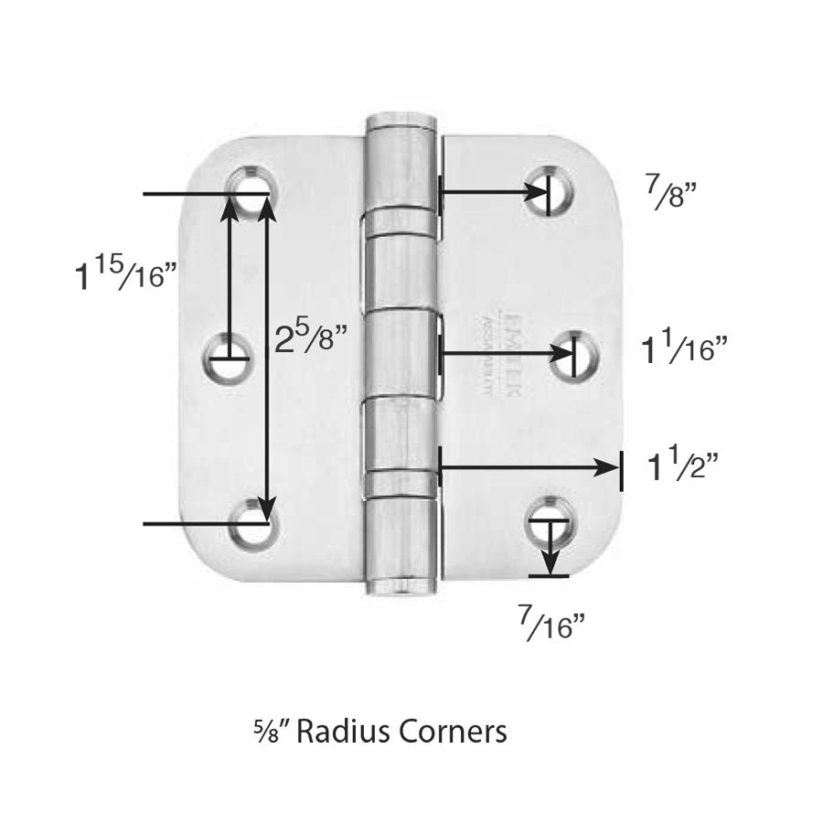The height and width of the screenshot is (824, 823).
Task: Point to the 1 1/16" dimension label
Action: [x=686, y=349]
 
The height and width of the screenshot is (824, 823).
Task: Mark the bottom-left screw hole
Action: [x=251, y=526]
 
